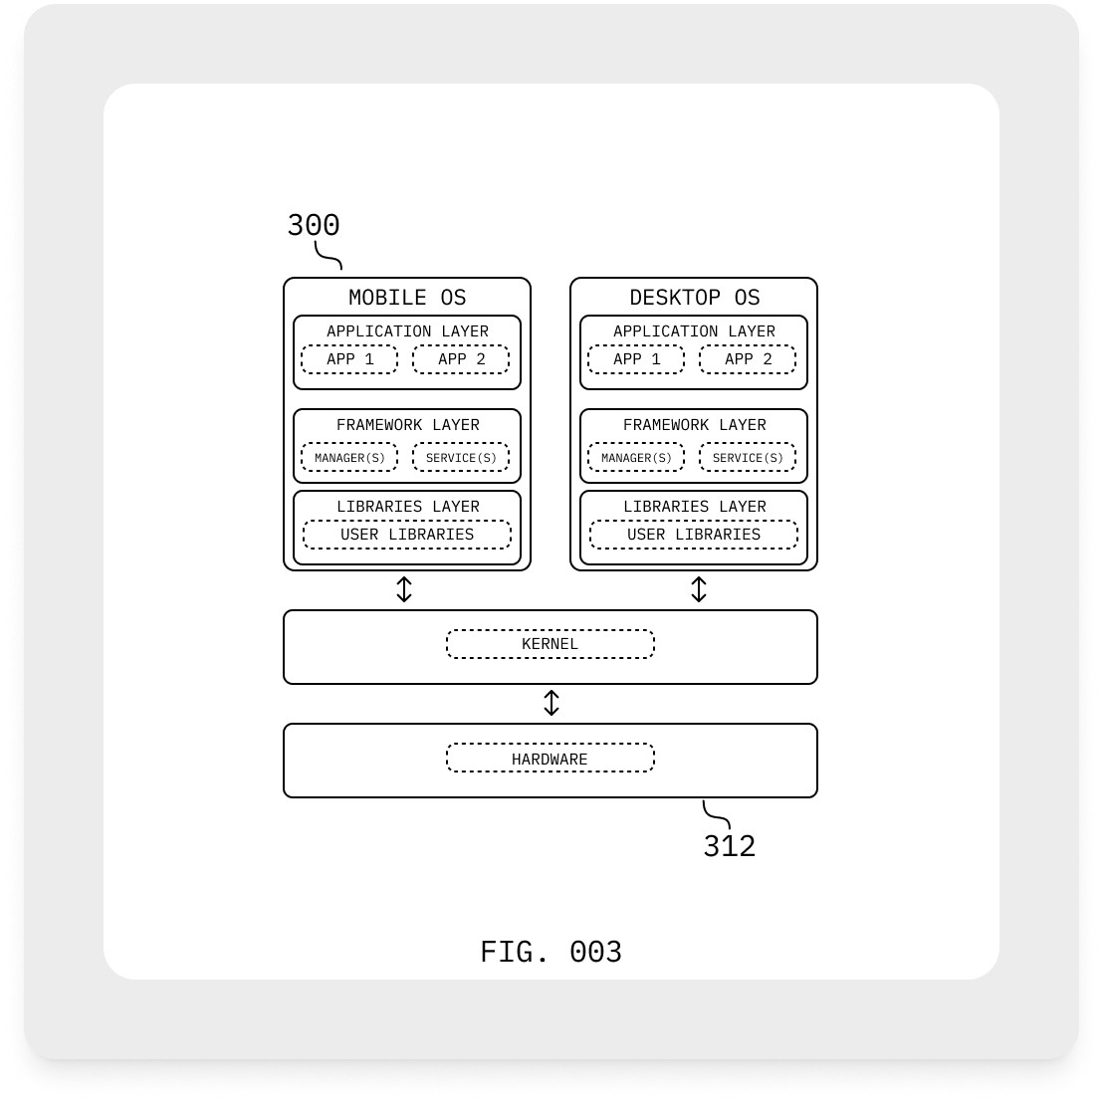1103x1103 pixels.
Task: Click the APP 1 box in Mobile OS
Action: click(x=349, y=359)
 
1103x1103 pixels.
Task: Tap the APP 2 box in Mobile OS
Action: click(x=461, y=359)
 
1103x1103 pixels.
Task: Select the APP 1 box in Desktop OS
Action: click(x=636, y=359)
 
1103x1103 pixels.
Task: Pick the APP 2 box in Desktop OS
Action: click(x=748, y=359)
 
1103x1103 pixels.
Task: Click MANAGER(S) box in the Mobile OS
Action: click(x=349, y=458)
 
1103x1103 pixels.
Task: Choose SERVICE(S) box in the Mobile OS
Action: click(x=461, y=458)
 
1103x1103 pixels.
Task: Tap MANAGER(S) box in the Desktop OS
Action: click(x=636, y=458)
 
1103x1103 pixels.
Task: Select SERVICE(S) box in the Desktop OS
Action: click(x=748, y=458)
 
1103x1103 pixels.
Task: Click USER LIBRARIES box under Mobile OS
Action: click(x=407, y=535)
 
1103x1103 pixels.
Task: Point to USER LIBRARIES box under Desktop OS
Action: click(x=694, y=535)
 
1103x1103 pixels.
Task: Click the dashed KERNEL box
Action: click(x=551, y=644)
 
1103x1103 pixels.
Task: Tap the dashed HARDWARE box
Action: click(x=551, y=759)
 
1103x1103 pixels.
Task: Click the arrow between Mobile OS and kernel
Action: click(x=404, y=589)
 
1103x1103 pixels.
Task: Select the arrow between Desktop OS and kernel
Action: click(x=699, y=589)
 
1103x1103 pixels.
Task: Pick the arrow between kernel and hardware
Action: click(x=551, y=703)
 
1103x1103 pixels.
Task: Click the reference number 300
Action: click(x=314, y=225)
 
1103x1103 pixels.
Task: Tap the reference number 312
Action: click(x=730, y=846)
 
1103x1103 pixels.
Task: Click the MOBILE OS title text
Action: click(x=407, y=298)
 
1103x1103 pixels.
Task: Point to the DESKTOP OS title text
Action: click(x=694, y=298)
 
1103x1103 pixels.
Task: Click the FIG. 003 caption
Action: click(x=551, y=952)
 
